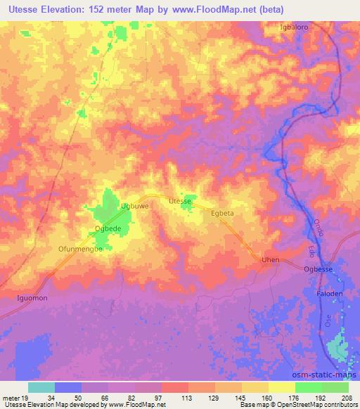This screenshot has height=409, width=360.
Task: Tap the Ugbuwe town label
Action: pyautogui.click(x=135, y=206)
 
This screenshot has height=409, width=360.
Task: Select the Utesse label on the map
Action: pyautogui.click(x=180, y=201)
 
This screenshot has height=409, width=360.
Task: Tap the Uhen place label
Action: pyautogui.click(x=271, y=260)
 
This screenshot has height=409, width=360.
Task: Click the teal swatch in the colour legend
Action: pyautogui.click(x=41, y=387)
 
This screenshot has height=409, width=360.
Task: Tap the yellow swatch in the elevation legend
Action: pyautogui.click(x=281, y=387)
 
